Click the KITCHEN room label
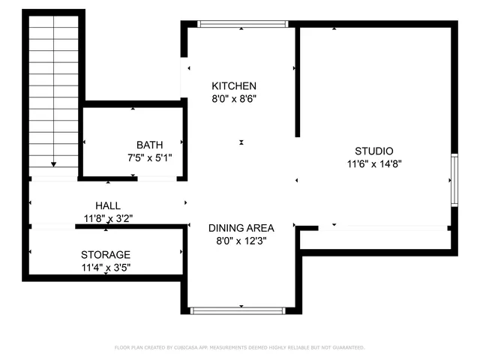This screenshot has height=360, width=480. coord(233,86)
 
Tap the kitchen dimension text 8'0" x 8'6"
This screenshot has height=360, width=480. coord(233,98)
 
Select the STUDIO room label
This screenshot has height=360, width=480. coord(373,151)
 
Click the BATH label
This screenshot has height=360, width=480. coord(149,145)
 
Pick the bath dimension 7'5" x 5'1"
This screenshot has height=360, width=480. coord(149,157)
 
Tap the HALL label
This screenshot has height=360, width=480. coord(107,205)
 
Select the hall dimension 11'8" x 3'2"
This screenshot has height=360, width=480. coord(107,218)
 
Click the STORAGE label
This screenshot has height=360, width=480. coord(106,255)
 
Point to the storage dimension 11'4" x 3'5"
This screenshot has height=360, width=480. coord(106,267)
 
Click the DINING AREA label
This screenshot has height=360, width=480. coord(241,228)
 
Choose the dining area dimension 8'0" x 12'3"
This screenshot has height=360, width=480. coord(241,241)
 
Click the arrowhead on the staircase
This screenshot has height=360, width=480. coord(54,163)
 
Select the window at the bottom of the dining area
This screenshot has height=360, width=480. coord(238,310)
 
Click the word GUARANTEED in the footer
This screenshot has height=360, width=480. coord(346,348)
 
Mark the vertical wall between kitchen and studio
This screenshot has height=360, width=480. coord(298,82)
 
